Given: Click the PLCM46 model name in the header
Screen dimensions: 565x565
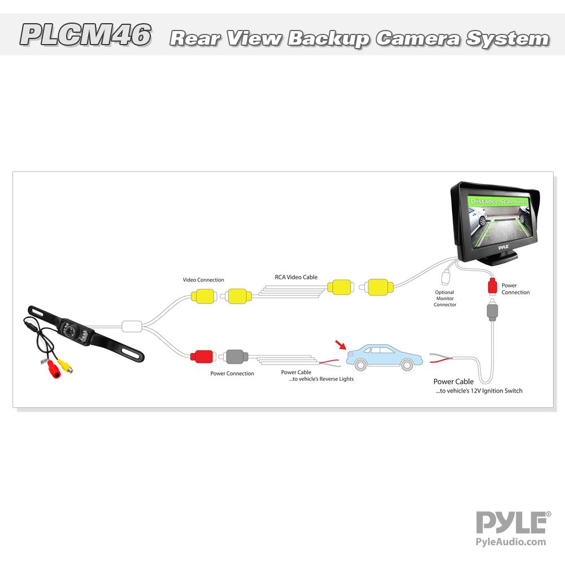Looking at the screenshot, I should pyautogui.click(x=85, y=34).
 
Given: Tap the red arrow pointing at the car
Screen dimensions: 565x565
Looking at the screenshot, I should pyautogui.click(x=340, y=345).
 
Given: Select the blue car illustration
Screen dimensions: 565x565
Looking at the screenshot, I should pyautogui.click(x=384, y=357).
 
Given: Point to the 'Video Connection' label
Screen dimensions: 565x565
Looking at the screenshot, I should pyautogui.click(x=203, y=280).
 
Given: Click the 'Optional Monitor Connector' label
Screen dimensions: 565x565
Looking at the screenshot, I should pyautogui.click(x=445, y=298).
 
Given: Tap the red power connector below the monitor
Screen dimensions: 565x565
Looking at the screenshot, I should pyautogui.click(x=493, y=285).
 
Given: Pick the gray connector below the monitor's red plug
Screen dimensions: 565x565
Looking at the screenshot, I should pyautogui.click(x=493, y=311).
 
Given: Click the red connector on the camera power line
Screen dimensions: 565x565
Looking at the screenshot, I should pyautogui.click(x=201, y=357).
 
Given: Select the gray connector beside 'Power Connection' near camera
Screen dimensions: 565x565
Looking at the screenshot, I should pyautogui.click(x=233, y=357).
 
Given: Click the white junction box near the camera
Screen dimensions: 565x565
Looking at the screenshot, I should pyautogui.click(x=131, y=327).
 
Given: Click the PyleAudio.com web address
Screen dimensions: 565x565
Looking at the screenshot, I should pyautogui.click(x=512, y=542).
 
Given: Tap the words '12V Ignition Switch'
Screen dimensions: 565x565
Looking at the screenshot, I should pyautogui.click(x=501, y=391).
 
